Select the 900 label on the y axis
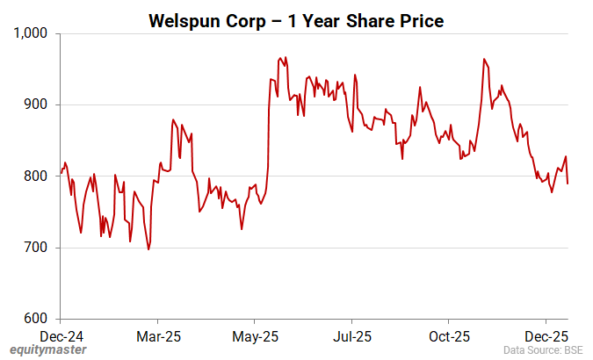pos(40,104)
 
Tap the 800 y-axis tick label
pos(40,176)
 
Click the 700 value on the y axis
pos(40,248)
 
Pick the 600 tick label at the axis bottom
pos(40,319)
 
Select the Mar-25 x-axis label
pos(159,335)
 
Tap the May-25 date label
pos(256,335)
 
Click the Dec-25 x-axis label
pos(546,335)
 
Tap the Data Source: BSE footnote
pos(544,350)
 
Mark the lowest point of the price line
pos(148,249)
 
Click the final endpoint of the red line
pos(568,184)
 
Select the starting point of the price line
pos(61,173)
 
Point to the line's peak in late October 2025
pos(484,59)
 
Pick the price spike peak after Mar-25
pos(173,119)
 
